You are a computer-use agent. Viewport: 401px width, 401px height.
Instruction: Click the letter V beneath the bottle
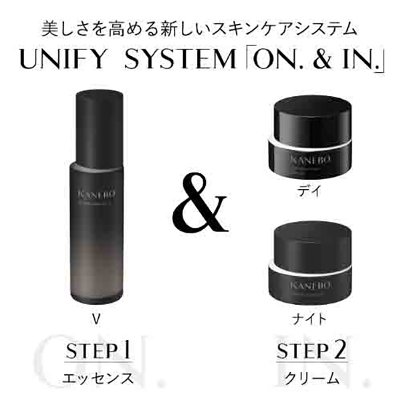[x=98, y=318]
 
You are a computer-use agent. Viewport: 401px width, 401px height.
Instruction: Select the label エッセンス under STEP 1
[x=98, y=378]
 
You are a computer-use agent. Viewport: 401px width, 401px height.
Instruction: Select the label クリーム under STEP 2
[x=302, y=378]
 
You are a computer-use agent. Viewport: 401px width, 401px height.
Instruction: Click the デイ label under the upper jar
[x=311, y=191]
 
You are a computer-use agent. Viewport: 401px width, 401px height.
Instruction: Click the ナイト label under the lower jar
[x=311, y=318]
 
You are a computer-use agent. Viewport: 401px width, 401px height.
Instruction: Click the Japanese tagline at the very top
[x=200, y=29]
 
